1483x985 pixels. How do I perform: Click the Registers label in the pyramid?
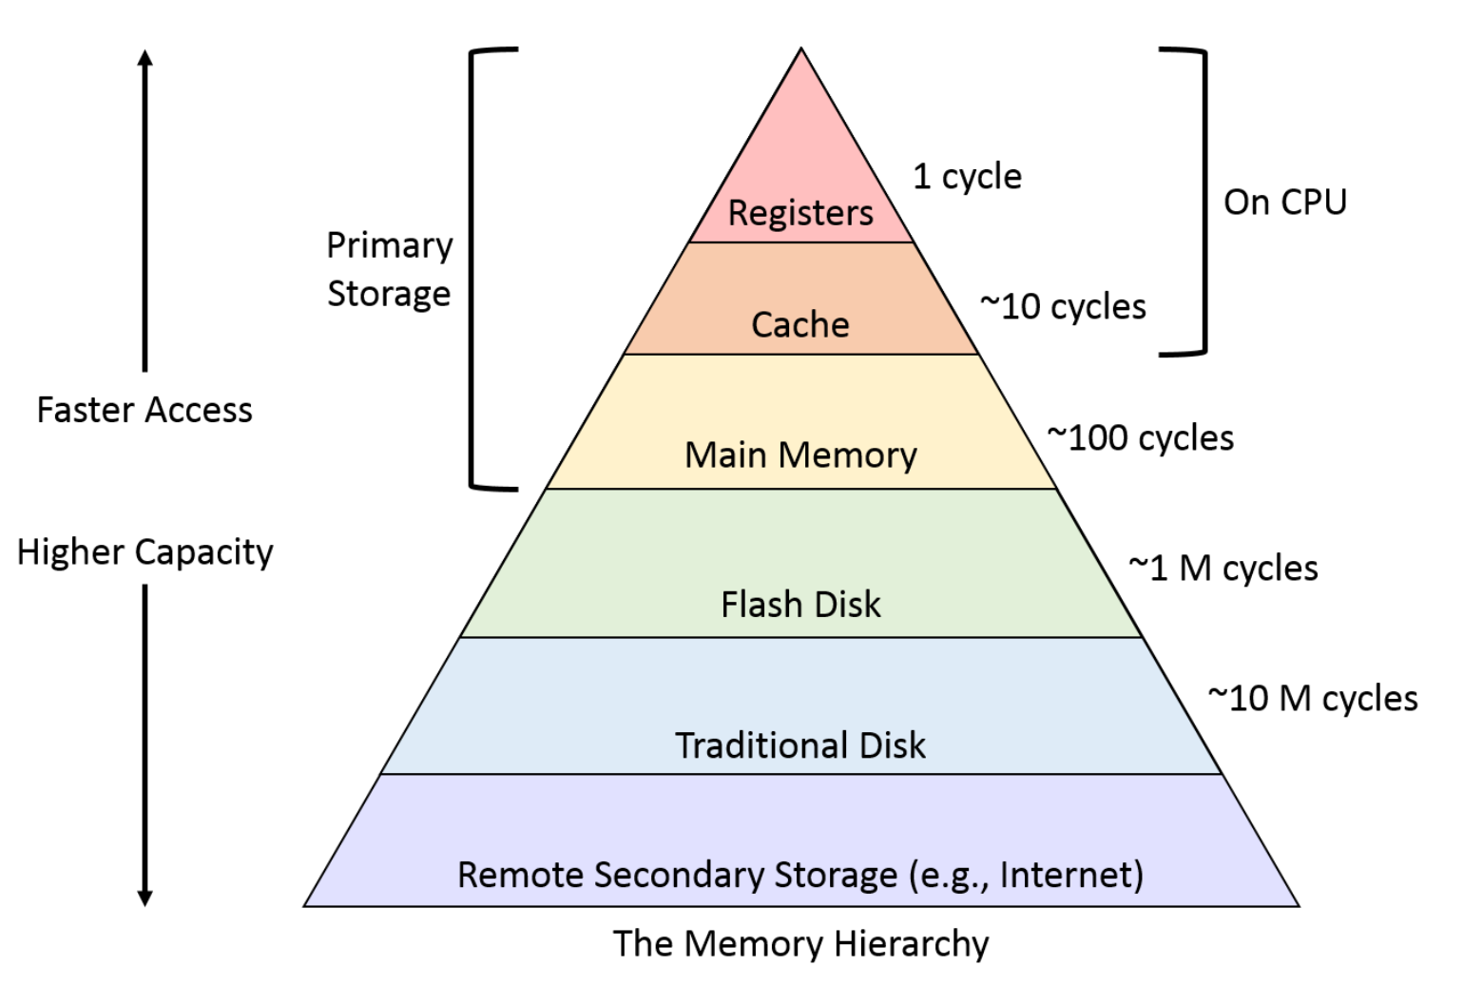[x=800, y=213]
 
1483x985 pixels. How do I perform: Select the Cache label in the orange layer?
[x=800, y=324]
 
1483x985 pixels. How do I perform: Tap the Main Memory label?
[x=800, y=455]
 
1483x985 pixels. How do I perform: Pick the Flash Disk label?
[x=800, y=604]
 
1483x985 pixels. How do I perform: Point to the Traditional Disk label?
[x=800, y=745]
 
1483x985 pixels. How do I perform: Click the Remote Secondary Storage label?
[x=800, y=875]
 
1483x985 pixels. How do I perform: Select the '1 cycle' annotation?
[x=967, y=178]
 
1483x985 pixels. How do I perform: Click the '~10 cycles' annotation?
[x=1063, y=307]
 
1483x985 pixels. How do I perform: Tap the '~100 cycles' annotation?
[x=1141, y=438]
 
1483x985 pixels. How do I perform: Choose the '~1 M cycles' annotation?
[x=1223, y=569]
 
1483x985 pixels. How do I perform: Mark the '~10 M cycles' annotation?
[x=1313, y=699]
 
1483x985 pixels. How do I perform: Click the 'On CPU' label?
[x=1285, y=202]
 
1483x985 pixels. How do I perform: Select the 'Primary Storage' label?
[x=390, y=269]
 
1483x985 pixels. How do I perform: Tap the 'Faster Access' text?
[x=144, y=410]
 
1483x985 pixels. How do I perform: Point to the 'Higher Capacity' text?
[x=145, y=552]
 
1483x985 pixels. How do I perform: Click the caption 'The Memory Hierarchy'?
[x=800, y=943]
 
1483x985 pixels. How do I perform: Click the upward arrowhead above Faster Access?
[x=145, y=58]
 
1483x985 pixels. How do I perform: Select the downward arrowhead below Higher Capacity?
[x=145, y=898]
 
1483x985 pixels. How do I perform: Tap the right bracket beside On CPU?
[x=1204, y=202]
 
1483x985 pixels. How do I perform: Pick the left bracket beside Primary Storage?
[x=472, y=269]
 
